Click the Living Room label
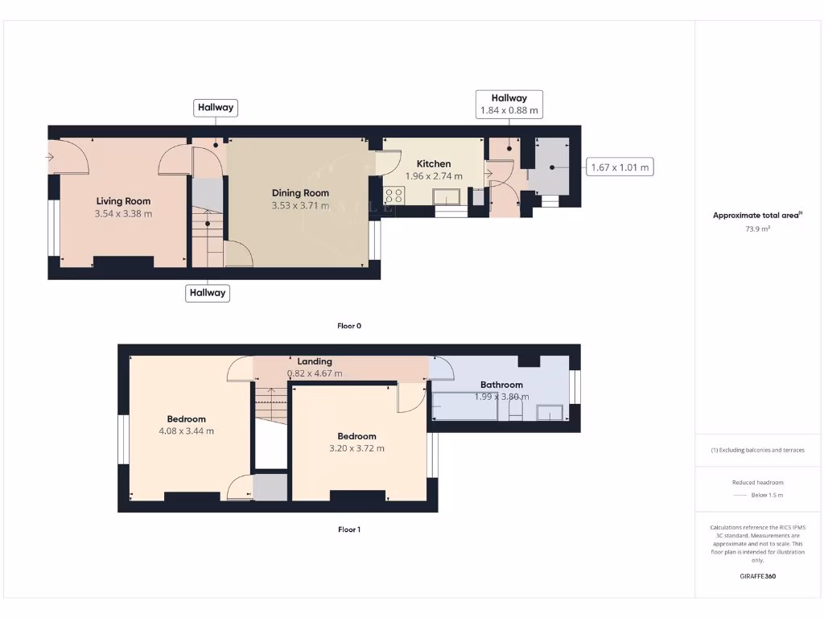[x=123, y=201]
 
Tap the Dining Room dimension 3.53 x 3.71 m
[x=300, y=206]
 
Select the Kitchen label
[x=434, y=163]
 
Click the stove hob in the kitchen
[x=394, y=195]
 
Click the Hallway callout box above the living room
[x=216, y=107]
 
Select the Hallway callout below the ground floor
[x=208, y=293]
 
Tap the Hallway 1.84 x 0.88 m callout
[x=509, y=104]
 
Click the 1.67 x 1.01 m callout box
[x=619, y=167]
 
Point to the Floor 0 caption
[x=349, y=326]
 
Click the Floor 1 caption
[x=349, y=529]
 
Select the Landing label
[x=314, y=361]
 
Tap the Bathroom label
[x=501, y=385]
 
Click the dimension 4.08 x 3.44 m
[x=186, y=431]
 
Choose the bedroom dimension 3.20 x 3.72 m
[x=356, y=448]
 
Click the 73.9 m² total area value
[x=757, y=229]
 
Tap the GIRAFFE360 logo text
[x=757, y=576]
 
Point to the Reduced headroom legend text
[x=757, y=483]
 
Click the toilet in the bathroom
[x=516, y=410]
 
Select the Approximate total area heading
[x=757, y=215]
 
